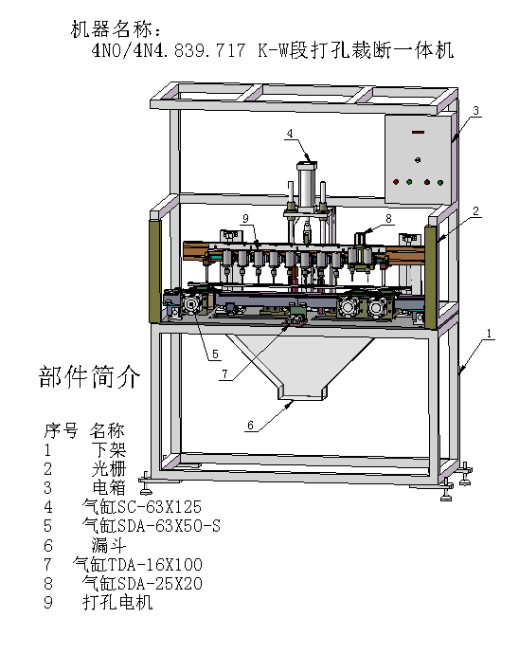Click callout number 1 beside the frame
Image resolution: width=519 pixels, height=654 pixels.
coord(489,334)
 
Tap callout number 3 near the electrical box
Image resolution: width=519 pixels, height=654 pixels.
coord(476,111)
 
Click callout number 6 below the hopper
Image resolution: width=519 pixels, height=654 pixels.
coord(251,426)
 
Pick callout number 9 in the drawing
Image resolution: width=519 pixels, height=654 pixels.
coord(244,218)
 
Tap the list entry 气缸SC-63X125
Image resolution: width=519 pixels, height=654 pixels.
coord(142,507)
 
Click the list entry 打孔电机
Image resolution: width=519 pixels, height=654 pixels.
coord(117,603)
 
